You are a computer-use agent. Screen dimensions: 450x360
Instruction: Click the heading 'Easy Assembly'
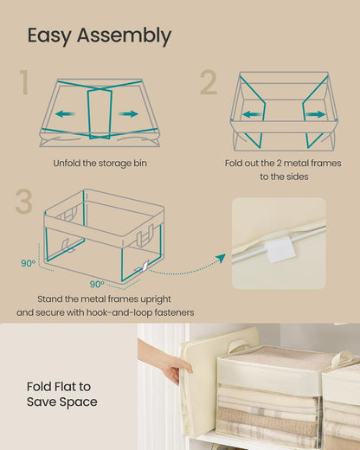tap(99, 35)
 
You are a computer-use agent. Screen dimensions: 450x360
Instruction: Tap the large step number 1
tap(24, 84)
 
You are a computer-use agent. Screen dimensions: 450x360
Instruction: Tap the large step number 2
tap(208, 84)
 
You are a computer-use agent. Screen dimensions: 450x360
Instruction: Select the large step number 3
tap(25, 201)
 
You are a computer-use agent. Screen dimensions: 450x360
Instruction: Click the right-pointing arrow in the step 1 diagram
tap(128, 112)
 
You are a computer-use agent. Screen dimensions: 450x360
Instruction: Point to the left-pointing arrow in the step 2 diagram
tap(252, 113)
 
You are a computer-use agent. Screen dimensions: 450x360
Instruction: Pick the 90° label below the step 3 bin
tap(96, 283)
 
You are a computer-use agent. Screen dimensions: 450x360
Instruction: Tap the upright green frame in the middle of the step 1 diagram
tap(98, 113)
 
